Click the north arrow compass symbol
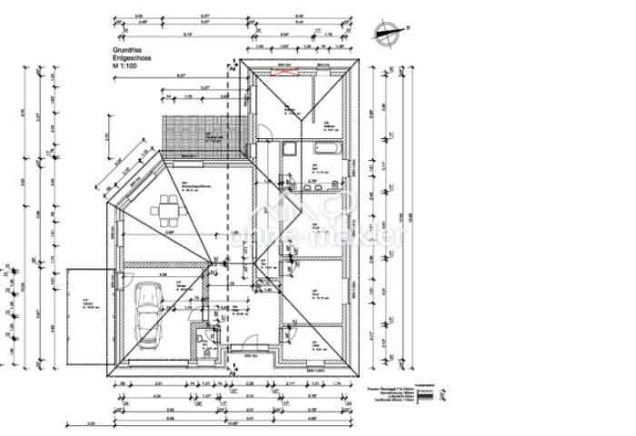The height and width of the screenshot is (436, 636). point(387,34)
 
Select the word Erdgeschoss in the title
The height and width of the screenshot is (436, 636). point(132,59)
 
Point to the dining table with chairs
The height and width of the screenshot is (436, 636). point(168,211)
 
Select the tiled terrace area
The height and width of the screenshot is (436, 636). point(203,134)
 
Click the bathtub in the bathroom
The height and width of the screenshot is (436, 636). point(325,147)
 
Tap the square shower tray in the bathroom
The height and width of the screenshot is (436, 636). point(288,151)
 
